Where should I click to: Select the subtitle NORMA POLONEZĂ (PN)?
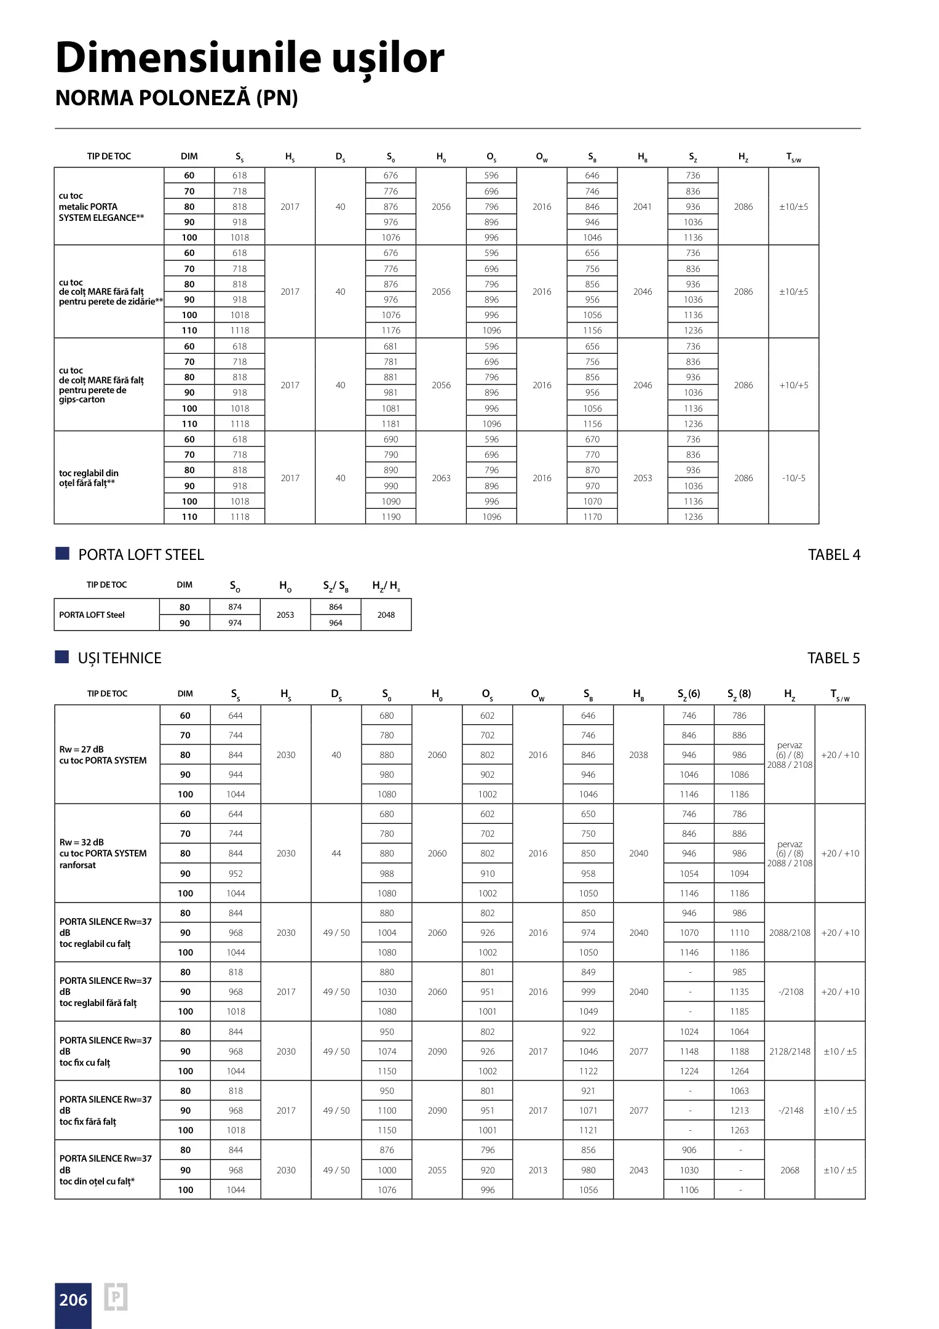tap(176, 98)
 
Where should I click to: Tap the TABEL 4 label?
tap(834, 555)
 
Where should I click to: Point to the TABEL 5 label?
tap(833, 658)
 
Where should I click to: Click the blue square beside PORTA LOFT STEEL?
tap(62, 554)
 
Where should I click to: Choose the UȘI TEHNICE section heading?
tap(119, 658)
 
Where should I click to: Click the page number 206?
tap(73, 1300)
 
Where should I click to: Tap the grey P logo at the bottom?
tap(116, 1297)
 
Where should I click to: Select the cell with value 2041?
tap(642, 207)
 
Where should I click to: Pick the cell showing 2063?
tap(441, 478)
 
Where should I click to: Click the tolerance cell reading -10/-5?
tap(793, 478)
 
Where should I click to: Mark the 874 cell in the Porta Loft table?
tap(235, 607)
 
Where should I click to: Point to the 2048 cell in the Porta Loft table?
tap(386, 615)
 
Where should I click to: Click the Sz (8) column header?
tap(739, 694)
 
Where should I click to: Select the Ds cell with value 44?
tap(336, 853)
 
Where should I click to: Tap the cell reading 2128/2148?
tap(790, 1052)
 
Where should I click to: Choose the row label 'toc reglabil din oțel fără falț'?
tap(89, 478)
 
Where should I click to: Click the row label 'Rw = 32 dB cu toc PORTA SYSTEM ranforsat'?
tap(103, 853)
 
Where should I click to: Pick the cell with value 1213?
tap(739, 1111)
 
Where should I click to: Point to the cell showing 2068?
tap(790, 1170)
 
